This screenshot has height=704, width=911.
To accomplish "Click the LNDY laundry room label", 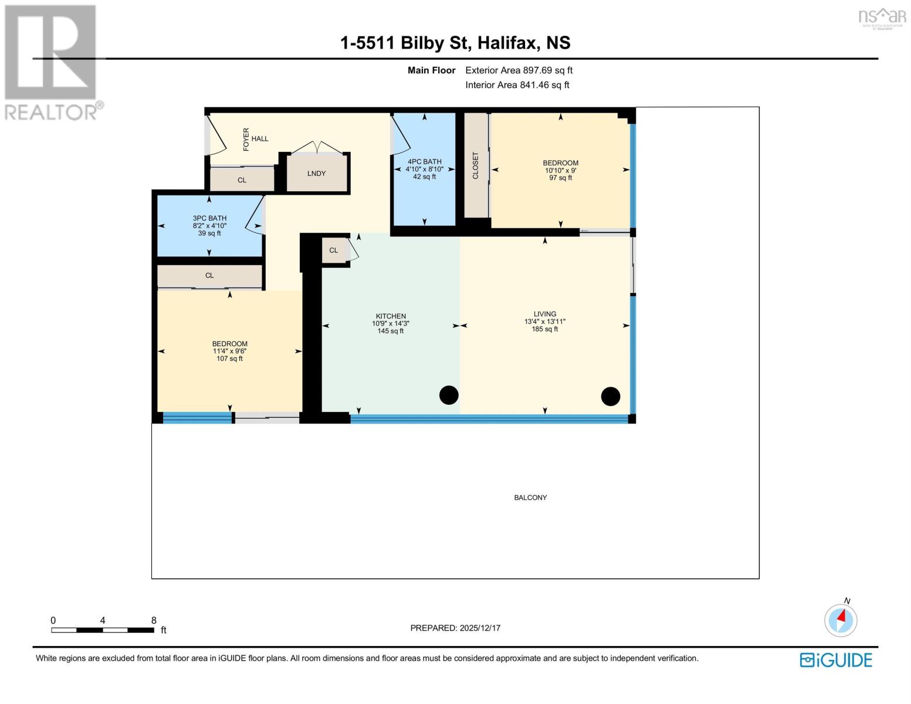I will tap(316, 174).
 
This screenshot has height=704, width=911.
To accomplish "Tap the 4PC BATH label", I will tap(424, 162).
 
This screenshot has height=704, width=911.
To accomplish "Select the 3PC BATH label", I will tap(209, 218).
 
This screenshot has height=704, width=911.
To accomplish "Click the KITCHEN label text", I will tap(391, 316).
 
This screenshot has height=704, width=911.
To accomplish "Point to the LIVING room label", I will tap(544, 314).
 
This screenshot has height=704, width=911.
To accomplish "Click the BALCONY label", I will tap(530, 497).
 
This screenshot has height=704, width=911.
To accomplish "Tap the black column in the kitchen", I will tap(449, 395).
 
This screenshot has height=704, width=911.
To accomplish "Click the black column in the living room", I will tap(611, 397).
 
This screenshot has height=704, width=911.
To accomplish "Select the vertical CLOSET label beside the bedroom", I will tap(476, 166).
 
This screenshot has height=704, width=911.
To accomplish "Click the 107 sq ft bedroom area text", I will tap(229, 358).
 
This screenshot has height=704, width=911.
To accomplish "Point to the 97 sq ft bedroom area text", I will tap(560, 178).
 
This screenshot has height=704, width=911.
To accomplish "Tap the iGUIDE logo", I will tap(836, 660).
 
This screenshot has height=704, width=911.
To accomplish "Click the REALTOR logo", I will tap(52, 62).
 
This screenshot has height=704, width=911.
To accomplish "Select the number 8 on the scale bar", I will tap(154, 620).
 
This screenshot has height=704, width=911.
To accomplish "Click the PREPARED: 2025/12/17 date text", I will tap(455, 628).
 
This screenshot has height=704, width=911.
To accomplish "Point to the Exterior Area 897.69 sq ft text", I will tap(519, 70).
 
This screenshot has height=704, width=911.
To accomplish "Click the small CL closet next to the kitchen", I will tap(333, 251).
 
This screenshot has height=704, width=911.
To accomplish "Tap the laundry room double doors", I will tap(317, 147).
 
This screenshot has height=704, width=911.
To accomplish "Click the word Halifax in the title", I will tap(507, 43).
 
